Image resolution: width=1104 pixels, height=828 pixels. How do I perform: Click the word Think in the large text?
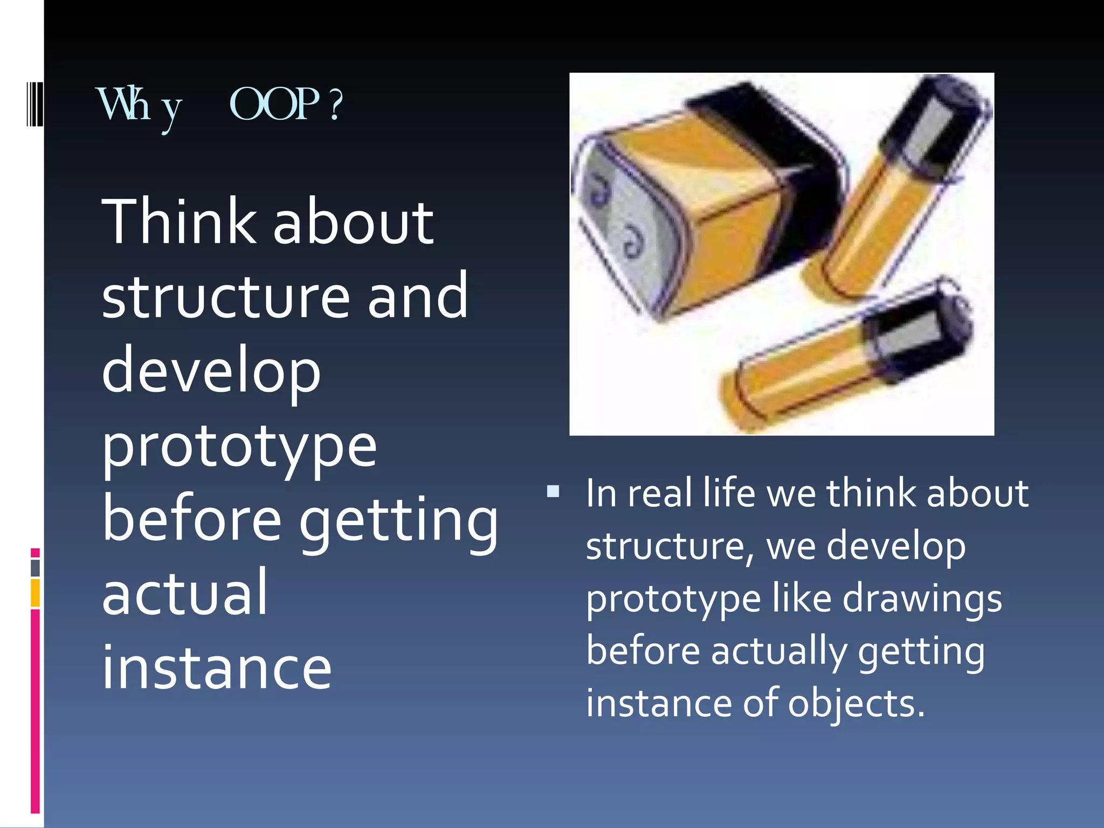[x=178, y=222]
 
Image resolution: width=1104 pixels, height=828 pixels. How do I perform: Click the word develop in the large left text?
[x=211, y=372]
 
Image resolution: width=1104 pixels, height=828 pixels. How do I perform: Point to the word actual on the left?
[x=184, y=593]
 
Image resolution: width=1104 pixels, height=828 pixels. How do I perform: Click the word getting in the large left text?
[x=398, y=521]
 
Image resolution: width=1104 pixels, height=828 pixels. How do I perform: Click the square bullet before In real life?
[x=553, y=492]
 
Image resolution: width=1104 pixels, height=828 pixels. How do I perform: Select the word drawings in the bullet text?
[x=922, y=599]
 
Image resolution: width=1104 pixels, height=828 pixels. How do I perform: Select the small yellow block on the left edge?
[x=35, y=592]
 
